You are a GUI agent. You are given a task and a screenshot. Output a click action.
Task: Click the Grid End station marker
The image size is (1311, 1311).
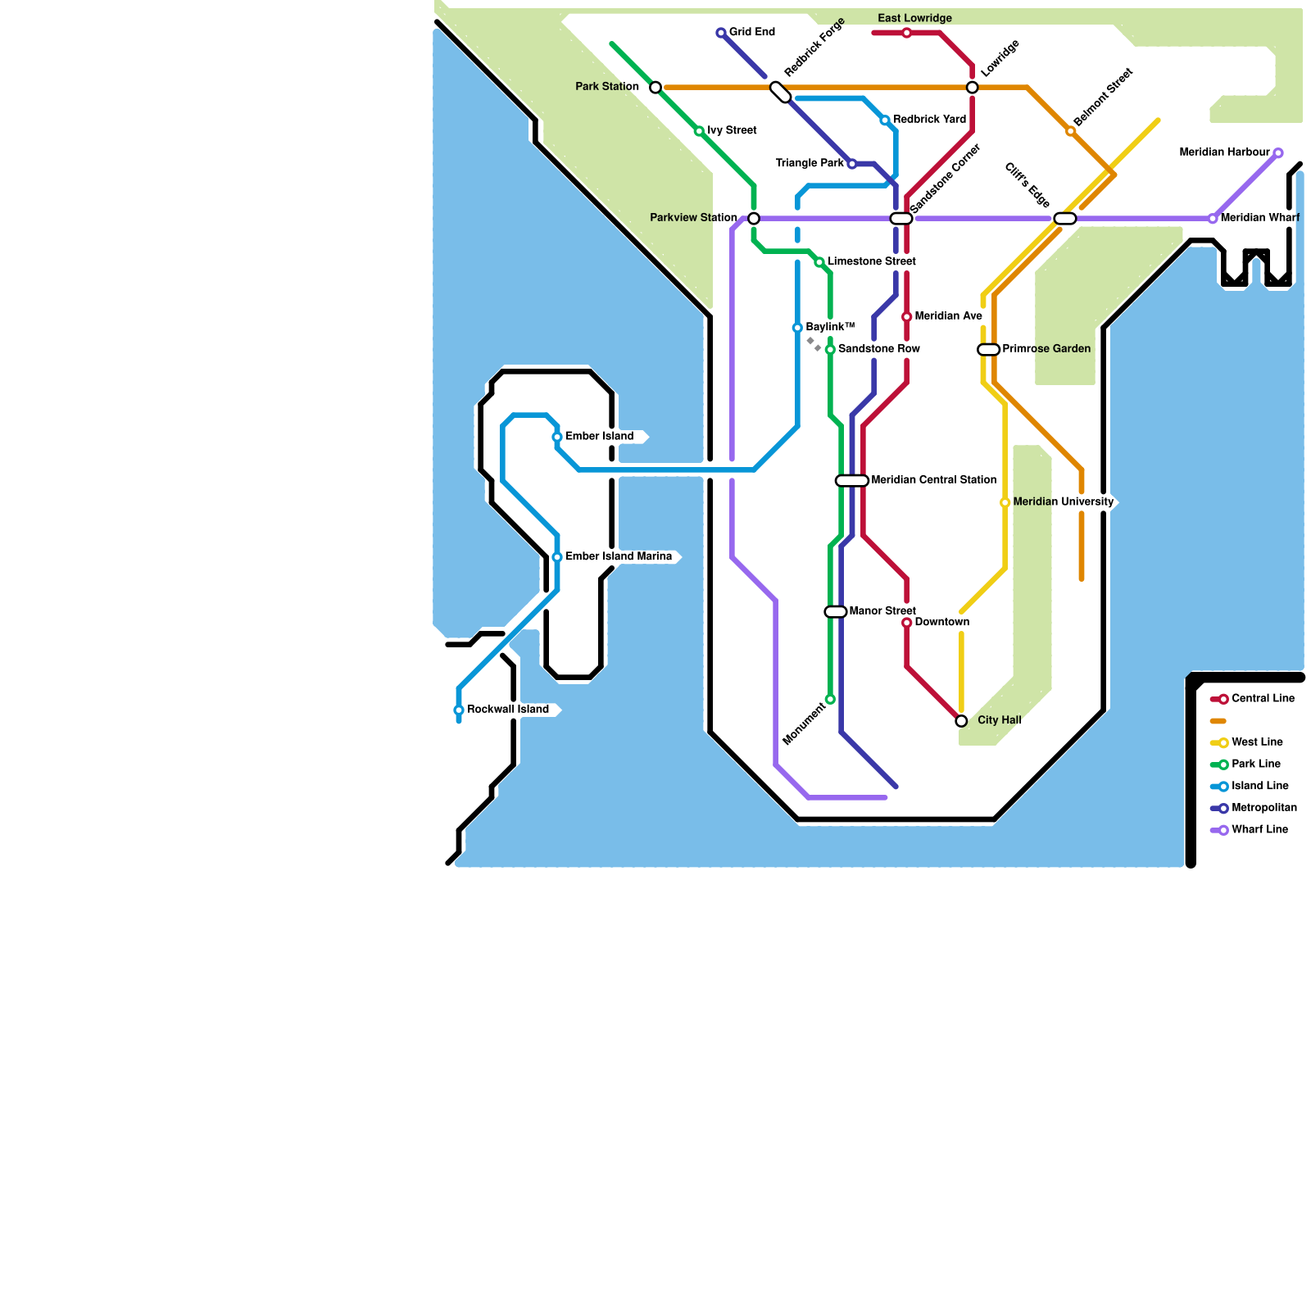721,33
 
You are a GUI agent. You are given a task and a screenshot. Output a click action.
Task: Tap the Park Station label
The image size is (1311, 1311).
606,87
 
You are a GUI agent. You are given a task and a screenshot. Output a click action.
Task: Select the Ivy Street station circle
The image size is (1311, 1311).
699,131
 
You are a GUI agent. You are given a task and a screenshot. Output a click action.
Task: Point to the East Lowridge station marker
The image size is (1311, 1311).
906,33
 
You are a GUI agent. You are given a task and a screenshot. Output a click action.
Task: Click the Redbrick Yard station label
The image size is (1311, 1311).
929,120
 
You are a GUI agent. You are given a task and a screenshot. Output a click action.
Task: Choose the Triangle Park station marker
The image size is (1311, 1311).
852,164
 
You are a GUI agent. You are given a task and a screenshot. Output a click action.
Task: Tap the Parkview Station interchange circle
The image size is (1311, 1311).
754,218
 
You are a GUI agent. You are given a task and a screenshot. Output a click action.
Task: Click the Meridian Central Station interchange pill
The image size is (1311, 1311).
852,481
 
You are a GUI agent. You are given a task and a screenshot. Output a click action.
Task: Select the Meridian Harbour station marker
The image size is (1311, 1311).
1278,153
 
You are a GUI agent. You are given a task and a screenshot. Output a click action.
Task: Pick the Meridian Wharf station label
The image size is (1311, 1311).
1259,218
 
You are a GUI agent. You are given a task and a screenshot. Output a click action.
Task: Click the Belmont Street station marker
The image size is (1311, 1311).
1070,131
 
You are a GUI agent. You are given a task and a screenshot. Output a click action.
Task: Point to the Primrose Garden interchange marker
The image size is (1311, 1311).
989,350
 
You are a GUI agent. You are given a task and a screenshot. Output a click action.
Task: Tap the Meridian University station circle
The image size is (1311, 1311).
1005,502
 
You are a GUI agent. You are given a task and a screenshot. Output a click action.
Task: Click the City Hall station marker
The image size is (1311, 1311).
961,721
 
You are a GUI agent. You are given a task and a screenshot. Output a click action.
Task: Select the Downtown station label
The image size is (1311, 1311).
941,623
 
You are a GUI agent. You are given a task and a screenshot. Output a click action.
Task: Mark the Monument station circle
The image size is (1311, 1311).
830,699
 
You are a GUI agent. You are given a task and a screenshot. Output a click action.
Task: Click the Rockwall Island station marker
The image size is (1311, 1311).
459,710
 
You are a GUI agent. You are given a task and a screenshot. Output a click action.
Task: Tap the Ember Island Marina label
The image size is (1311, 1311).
619,557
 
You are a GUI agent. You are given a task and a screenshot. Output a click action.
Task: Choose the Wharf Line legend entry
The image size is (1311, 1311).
1259,830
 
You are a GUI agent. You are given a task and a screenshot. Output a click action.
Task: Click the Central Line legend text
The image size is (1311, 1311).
1263,699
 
